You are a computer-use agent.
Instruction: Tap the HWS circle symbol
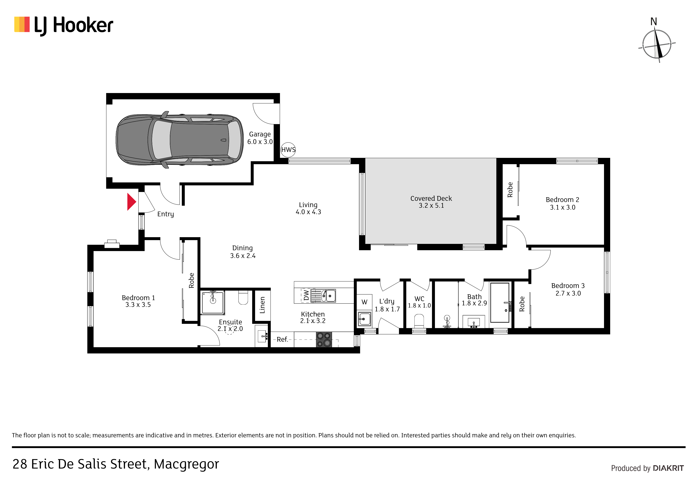[x=288, y=150]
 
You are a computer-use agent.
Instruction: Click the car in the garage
[x=179, y=140]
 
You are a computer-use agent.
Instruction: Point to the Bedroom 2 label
[x=562, y=200]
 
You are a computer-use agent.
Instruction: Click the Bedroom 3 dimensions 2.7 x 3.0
[x=568, y=293]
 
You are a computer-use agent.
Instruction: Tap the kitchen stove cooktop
[x=324, y=340]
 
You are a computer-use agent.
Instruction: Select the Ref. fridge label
[x=282, y=339]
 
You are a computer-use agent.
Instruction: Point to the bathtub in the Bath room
[x=500, y=303]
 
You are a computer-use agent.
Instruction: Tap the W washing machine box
[x=364, y=302]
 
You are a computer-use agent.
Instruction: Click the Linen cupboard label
[x=262, y=305]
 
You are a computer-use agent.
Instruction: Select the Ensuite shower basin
[x=213, y=303]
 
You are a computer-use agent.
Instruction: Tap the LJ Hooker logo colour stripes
[x=22, y=24]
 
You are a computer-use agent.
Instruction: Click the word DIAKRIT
[x=668, y=468]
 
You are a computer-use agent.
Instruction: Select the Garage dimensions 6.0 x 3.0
[x=260, y=142]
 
